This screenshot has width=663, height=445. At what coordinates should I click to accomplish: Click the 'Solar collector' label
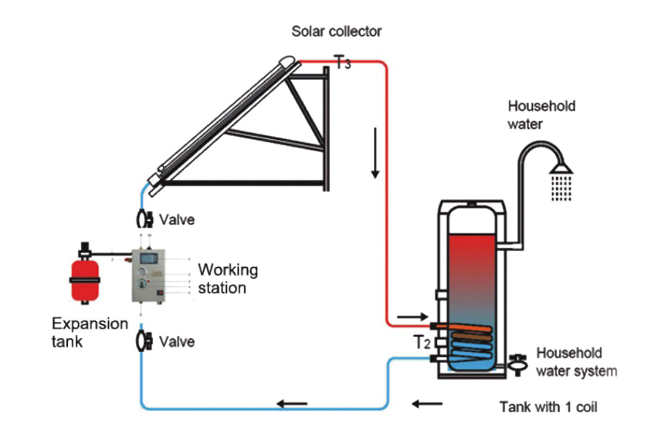[x=337, y=31]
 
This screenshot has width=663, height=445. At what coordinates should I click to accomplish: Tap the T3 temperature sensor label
[x=342, y=62]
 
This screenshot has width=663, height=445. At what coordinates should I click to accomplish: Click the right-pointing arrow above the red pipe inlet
[x=409, y=316]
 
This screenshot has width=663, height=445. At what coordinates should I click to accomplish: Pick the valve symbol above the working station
[x=143, y=219]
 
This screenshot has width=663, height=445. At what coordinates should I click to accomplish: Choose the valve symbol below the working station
[x=143, y=341]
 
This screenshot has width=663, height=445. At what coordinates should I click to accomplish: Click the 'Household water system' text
[x=575, y=362]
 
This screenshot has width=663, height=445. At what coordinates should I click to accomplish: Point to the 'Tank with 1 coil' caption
[x=548, y=407]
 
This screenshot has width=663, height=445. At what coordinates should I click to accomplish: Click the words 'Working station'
[x=227, y=278]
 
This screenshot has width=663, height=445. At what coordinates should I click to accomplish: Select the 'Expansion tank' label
[x=81, y=332]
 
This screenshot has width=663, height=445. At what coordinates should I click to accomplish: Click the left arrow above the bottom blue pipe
[x=291, y=403]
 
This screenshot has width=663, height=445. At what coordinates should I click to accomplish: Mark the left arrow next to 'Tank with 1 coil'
[x=427, y=403]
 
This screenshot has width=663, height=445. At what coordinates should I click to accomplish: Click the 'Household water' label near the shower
[x=541, y=114]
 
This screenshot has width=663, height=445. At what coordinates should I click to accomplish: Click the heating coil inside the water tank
[x=470, y=345]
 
